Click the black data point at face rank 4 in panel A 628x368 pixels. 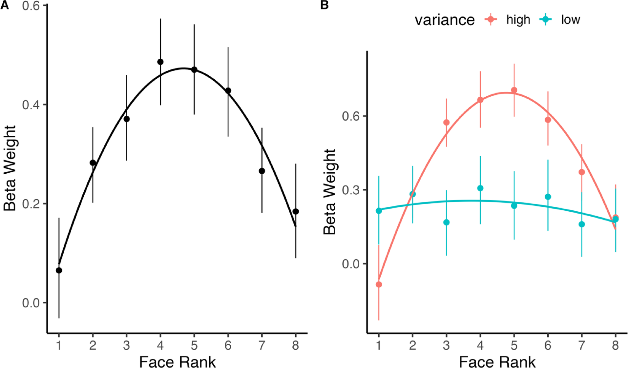160,62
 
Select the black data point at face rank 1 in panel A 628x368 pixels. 59,270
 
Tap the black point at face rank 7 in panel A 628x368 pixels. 262,171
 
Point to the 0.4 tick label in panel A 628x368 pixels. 31,105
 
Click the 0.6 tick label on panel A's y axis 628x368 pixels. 31,6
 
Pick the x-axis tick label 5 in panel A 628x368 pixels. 194,345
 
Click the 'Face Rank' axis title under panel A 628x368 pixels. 177,362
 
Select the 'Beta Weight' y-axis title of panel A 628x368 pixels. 10,168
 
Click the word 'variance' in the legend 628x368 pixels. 444,20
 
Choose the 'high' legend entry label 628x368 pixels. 518,20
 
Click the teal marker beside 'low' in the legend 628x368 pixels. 545,20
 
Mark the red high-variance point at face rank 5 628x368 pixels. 514,90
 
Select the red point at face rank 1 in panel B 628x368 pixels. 379,284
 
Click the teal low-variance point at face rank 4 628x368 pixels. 480,188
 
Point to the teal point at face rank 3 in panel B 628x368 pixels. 446,223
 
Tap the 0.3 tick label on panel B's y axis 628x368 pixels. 350,190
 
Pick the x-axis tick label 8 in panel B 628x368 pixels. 616,345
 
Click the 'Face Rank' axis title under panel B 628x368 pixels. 497,362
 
